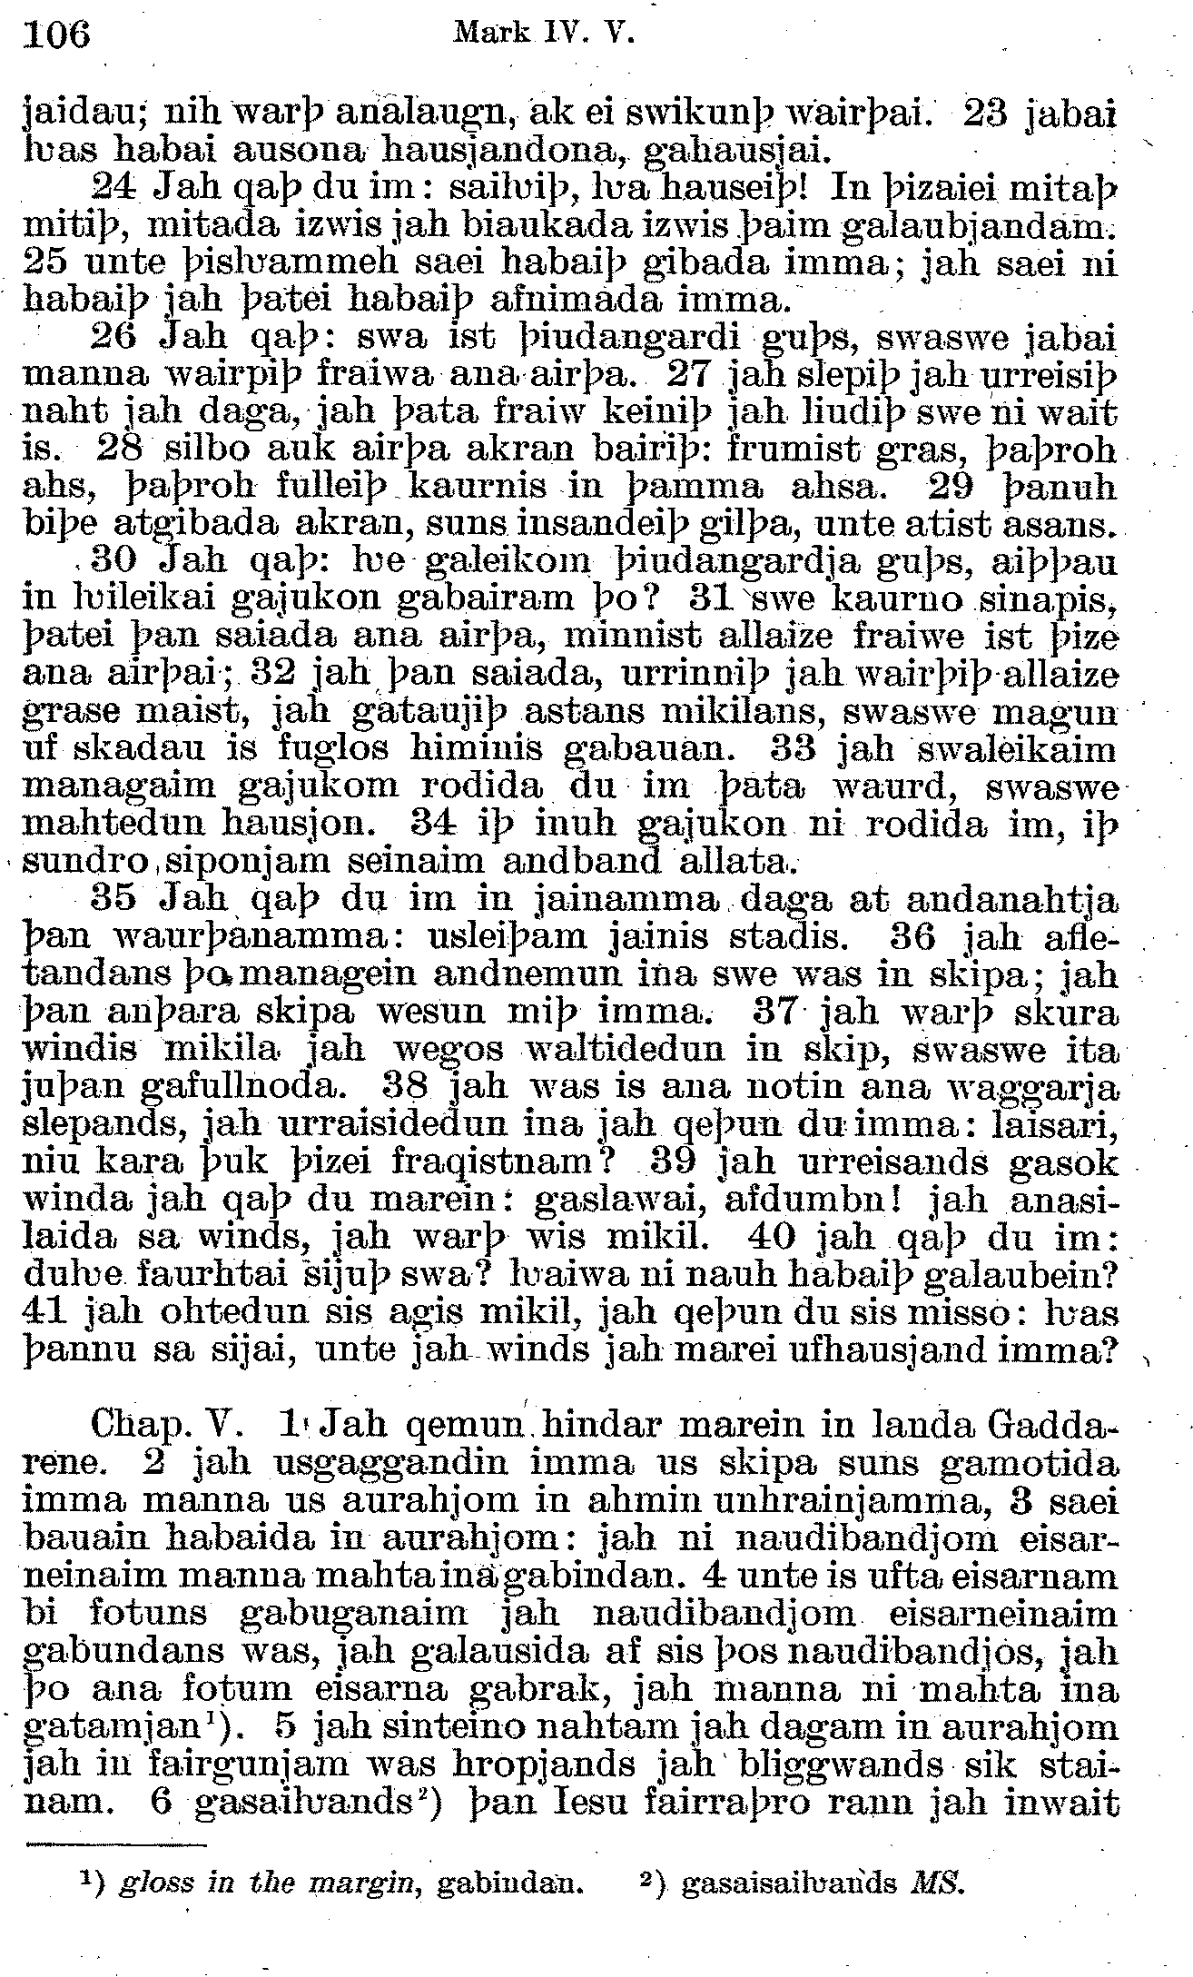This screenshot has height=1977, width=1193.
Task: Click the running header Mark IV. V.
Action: click(542, 34)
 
